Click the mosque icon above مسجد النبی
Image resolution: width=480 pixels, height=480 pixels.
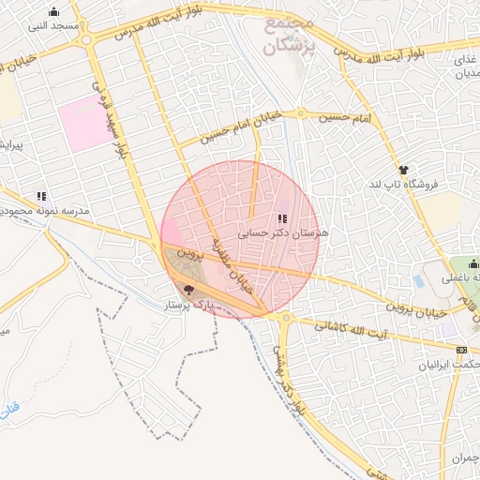(53, 12)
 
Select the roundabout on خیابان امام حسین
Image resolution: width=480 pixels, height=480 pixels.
(301, 113)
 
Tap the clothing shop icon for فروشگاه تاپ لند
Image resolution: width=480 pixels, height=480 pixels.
(404, 170)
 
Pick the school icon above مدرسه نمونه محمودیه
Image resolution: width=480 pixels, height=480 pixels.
(40, 197)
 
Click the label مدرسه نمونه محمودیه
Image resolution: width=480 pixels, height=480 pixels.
(47, 212)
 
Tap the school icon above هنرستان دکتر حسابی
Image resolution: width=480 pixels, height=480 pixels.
(281, 219)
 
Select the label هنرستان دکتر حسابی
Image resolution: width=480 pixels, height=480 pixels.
(280, 233)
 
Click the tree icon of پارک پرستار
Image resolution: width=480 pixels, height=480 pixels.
(189, 291)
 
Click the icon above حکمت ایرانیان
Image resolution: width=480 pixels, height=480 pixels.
(460, 351)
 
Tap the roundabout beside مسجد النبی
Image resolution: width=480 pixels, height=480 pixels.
(87, 39)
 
